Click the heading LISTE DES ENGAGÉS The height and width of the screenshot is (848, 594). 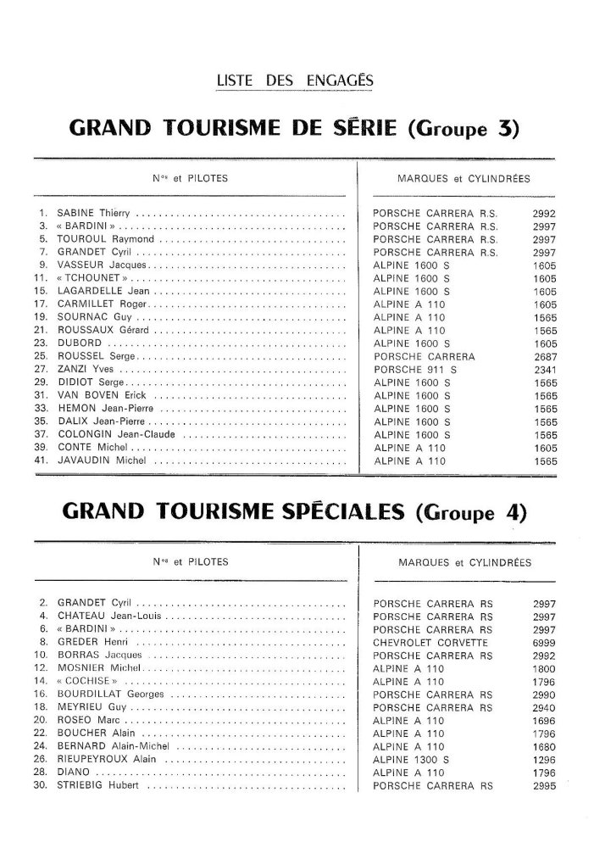point(296,81)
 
